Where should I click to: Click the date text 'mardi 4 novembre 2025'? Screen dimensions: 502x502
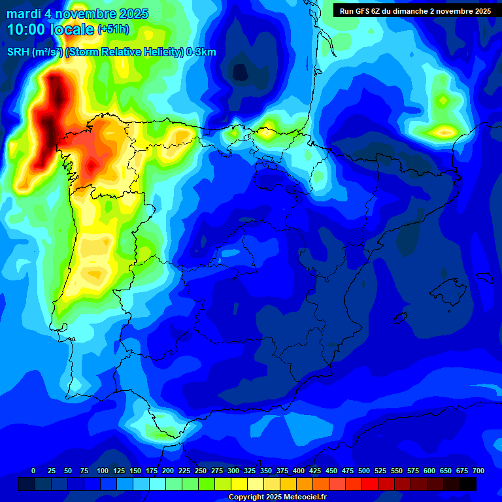tap(78, 14)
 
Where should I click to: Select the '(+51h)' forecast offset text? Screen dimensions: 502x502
tap(113, 29)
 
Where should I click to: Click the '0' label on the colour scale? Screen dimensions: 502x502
tap(33, 471)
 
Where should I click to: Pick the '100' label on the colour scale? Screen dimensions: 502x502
tap(103, 471)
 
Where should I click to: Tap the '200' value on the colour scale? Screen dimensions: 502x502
tap(168, 471)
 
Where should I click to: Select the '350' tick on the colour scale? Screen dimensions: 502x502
tap(266, 471)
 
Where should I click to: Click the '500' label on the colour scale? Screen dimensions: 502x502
tap(364, 471)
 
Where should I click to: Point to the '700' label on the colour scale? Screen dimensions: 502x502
tap(478, 471)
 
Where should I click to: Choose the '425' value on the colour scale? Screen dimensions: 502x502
tap(315, 471)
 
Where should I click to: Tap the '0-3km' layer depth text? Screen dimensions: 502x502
tap(201, 52)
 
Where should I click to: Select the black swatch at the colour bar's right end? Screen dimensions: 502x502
tap(468, 484)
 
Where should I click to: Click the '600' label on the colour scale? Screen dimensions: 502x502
tap(429, 471)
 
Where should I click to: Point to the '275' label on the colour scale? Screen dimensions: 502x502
tap(217, 471)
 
